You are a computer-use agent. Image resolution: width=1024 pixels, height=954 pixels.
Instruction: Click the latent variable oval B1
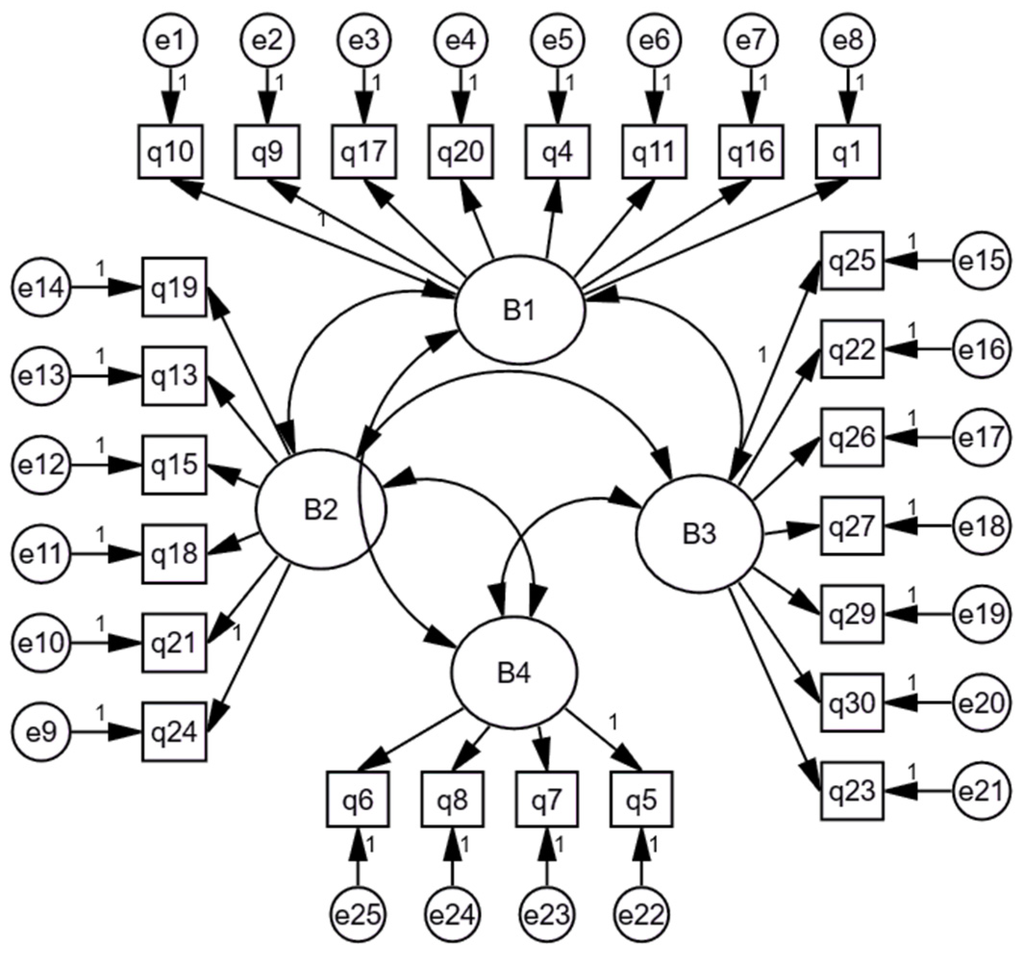[519, 311]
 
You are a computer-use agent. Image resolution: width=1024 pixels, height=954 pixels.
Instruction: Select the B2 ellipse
[321, 511]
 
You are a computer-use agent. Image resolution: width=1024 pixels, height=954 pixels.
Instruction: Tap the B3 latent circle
[699, 534]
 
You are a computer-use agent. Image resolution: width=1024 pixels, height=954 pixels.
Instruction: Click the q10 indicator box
[171, 152]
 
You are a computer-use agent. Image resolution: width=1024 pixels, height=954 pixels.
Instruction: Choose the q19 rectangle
[175, 287]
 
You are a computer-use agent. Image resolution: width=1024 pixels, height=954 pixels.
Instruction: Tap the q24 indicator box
[175, 732]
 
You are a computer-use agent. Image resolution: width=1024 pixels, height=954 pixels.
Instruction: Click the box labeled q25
[852, 261]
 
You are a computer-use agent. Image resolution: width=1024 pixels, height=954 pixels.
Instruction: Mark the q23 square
[852, 790]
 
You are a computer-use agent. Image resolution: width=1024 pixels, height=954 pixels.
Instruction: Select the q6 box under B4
[358, 800]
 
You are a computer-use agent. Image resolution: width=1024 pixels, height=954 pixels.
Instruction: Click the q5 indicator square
[642, 800]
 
